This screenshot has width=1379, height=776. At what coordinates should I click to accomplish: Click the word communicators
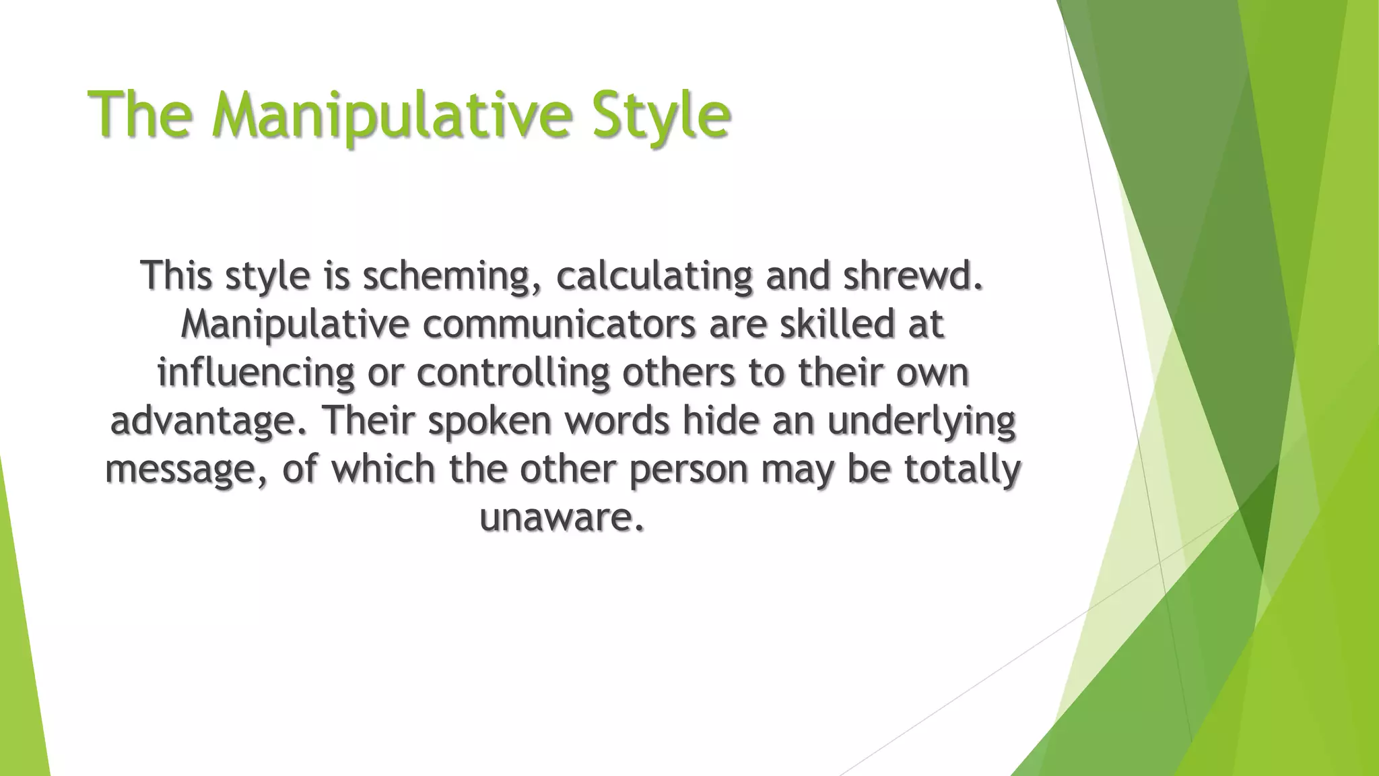(x=559, y=324)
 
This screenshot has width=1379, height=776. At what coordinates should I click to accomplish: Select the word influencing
(x=255, y=373)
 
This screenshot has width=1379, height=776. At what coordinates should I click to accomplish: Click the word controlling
(x=513, y=373)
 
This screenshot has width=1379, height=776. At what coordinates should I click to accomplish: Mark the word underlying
(x=921, y=422)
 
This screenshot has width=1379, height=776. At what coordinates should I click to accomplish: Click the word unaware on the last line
(x=561, y=517)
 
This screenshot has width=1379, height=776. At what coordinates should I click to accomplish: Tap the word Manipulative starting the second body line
(x=295, y=324)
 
